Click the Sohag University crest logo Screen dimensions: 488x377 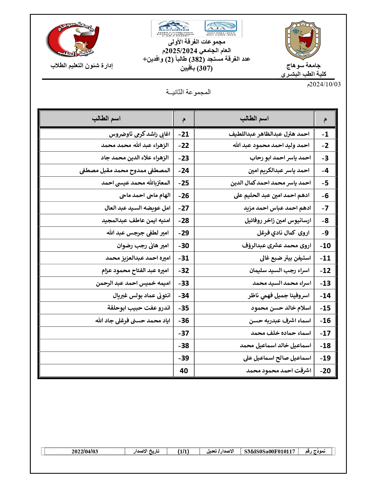[x=303, y=40]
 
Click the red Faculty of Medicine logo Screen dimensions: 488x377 [x=73, y=39]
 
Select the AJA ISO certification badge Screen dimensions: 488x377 [x=221, y=28]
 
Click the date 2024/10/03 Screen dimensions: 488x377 [x=324, y=85]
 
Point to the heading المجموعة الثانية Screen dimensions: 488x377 [x=188, y=92]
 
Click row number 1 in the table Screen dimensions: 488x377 [x=325, y=134]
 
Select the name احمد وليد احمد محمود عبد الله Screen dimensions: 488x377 [x=271, y=146]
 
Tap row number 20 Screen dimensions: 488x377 [x=325, y=371]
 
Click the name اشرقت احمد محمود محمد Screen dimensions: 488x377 [x=279, y=371]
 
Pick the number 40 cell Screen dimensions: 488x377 [x=184, y=371]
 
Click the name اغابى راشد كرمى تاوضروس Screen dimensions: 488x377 [x=140, y=134]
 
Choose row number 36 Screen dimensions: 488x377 [x=184, y=321]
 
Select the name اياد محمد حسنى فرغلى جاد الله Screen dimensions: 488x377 [x=133, y=321]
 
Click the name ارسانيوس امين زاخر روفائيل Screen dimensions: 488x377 [x=278, y=221]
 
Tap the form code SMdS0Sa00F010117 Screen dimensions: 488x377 [x=269, y=451]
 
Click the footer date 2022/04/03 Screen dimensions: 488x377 [x=85, y=451]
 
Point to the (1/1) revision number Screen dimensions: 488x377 [x=183, y=451]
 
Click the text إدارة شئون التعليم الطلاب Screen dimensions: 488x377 [x=82, y=66]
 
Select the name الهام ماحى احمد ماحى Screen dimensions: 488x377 [x=145, y=195]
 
